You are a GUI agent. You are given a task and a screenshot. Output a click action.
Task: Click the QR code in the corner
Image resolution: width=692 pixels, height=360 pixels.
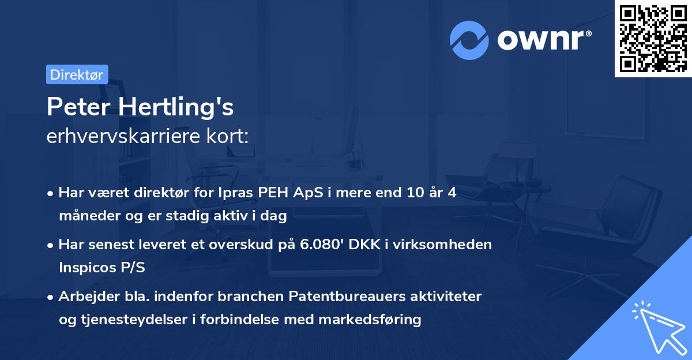pyautogui.click(x=653, y=38)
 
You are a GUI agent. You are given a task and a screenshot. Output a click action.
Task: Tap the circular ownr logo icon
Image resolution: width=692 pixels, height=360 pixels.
pyautogui.click(x=469, y=40)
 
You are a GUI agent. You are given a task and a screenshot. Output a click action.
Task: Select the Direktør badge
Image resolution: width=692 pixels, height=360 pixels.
pyautogui.click(x=77, y=74)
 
